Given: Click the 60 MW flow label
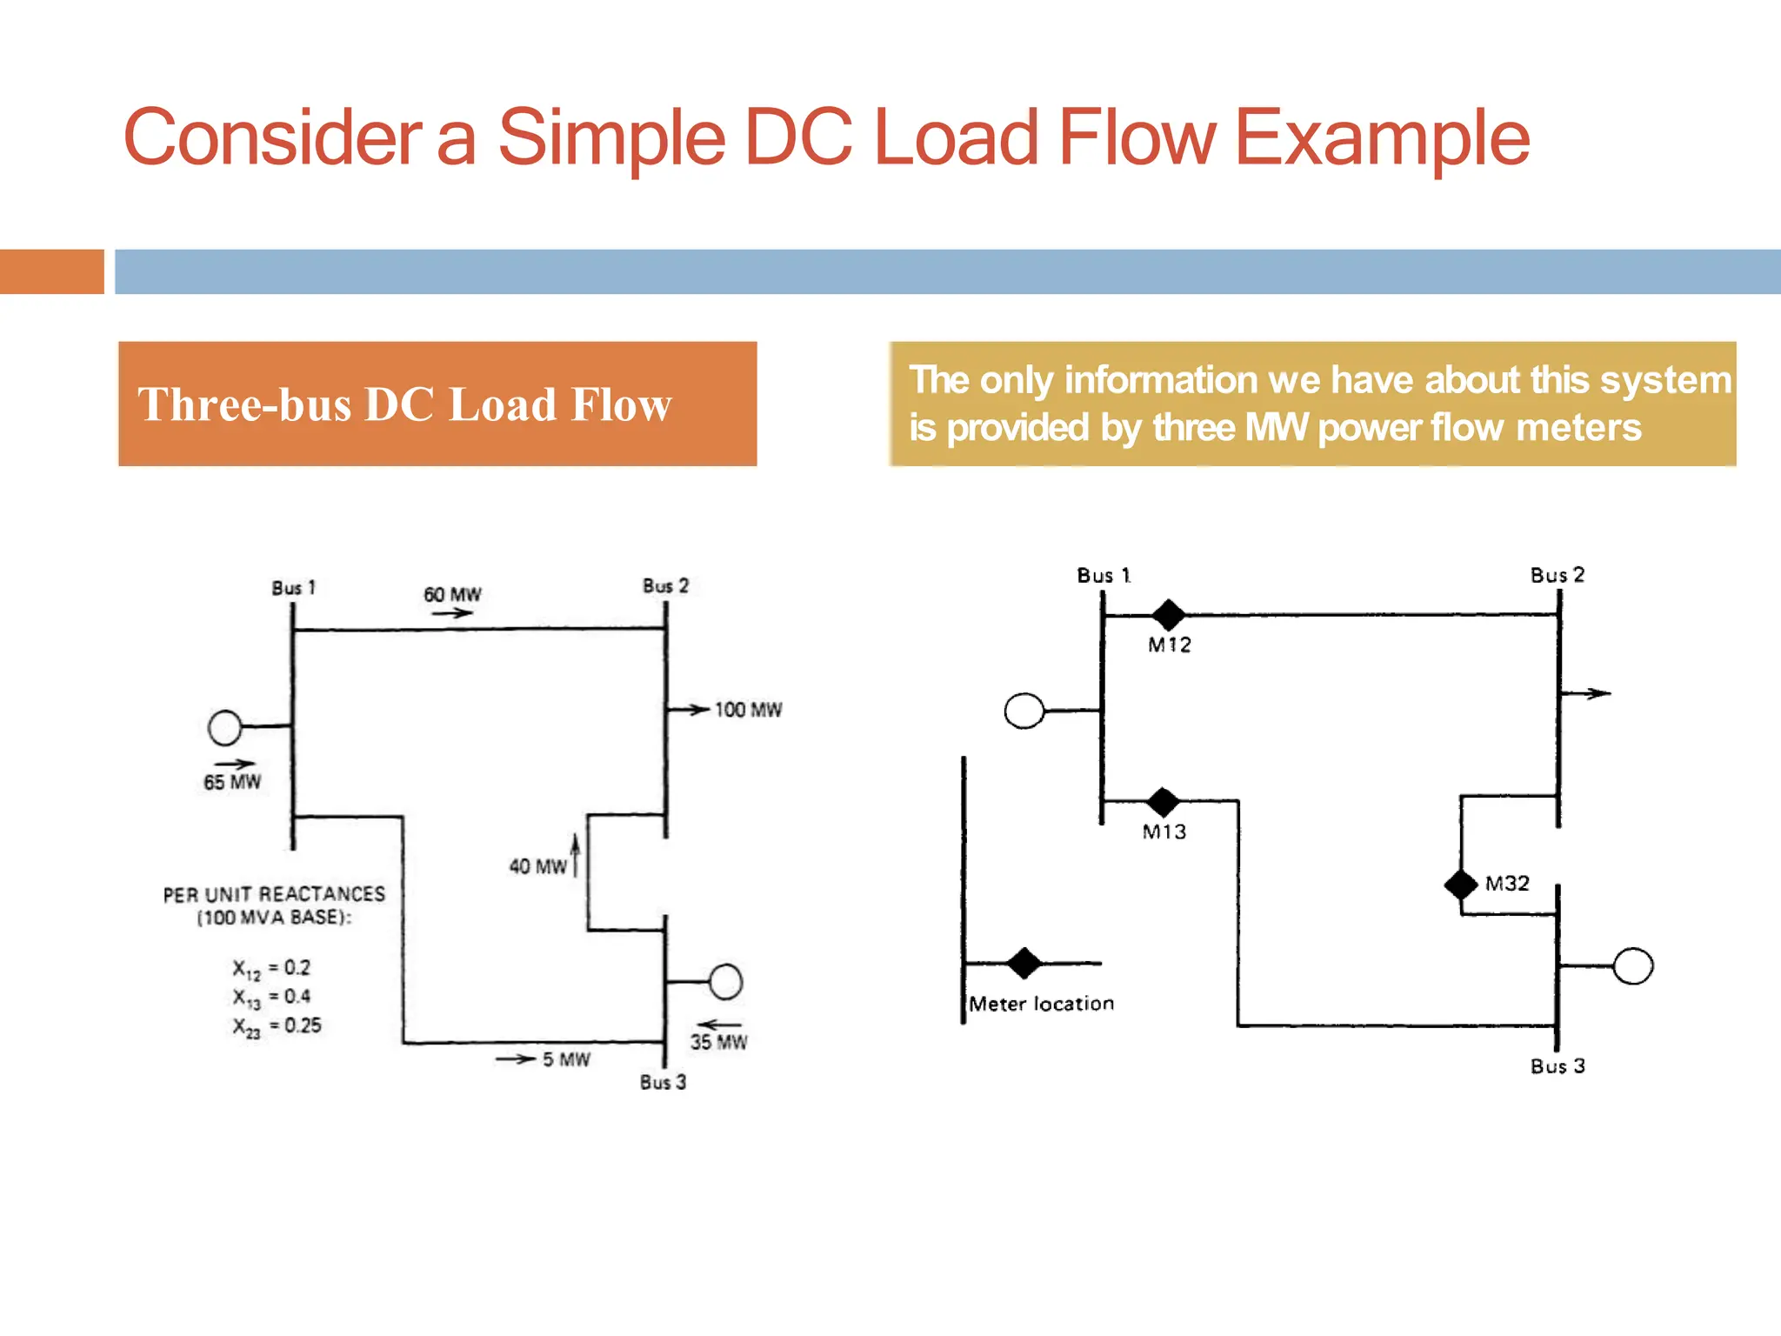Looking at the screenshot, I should click(452, 595).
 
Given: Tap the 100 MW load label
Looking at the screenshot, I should click(748, 710).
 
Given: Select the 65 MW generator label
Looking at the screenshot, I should click(232, 782).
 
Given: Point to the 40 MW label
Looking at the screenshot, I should click(537, 866).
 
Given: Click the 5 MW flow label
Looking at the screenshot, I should click(566, 1059).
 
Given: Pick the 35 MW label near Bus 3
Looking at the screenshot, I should click(718, 1042).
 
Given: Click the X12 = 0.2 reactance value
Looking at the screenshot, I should click(271, 968).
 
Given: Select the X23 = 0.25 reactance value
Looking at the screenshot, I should click(277, 1026).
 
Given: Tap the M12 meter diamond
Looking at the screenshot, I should click(1168, 615).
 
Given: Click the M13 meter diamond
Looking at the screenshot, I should click(1163, 801).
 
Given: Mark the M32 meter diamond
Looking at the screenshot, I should click(1461, 885).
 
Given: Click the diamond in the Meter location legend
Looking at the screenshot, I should click(1024, 963).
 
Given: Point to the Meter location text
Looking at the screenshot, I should click(1041, 1004).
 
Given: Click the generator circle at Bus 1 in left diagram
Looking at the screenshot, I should click(225, 727).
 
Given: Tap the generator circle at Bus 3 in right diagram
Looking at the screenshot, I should click(1632, 965).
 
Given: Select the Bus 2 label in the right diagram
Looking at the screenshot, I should click(1558, 575).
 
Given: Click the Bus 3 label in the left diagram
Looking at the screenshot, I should click(663, 1082).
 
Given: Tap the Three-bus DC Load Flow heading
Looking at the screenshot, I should click(405, 404).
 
